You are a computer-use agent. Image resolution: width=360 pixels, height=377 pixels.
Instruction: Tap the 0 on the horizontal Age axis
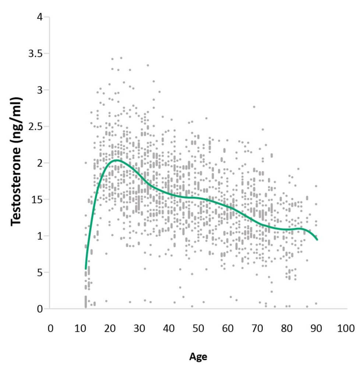51,328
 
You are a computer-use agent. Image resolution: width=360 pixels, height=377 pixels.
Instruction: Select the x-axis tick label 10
80,328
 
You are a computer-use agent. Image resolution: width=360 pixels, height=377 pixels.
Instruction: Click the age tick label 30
139,328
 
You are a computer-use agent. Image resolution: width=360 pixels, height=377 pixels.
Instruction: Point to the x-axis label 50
198,328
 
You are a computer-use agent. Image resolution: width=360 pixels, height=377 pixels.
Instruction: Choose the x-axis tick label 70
258,328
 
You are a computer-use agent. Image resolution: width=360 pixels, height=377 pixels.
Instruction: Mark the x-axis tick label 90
317,328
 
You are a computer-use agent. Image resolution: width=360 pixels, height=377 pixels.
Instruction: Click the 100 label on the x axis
346,328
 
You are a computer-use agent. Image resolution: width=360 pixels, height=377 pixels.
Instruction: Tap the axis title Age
198,357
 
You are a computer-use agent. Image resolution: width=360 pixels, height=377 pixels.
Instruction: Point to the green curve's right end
317,240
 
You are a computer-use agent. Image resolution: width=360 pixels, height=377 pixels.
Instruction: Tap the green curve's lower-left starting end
85,269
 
